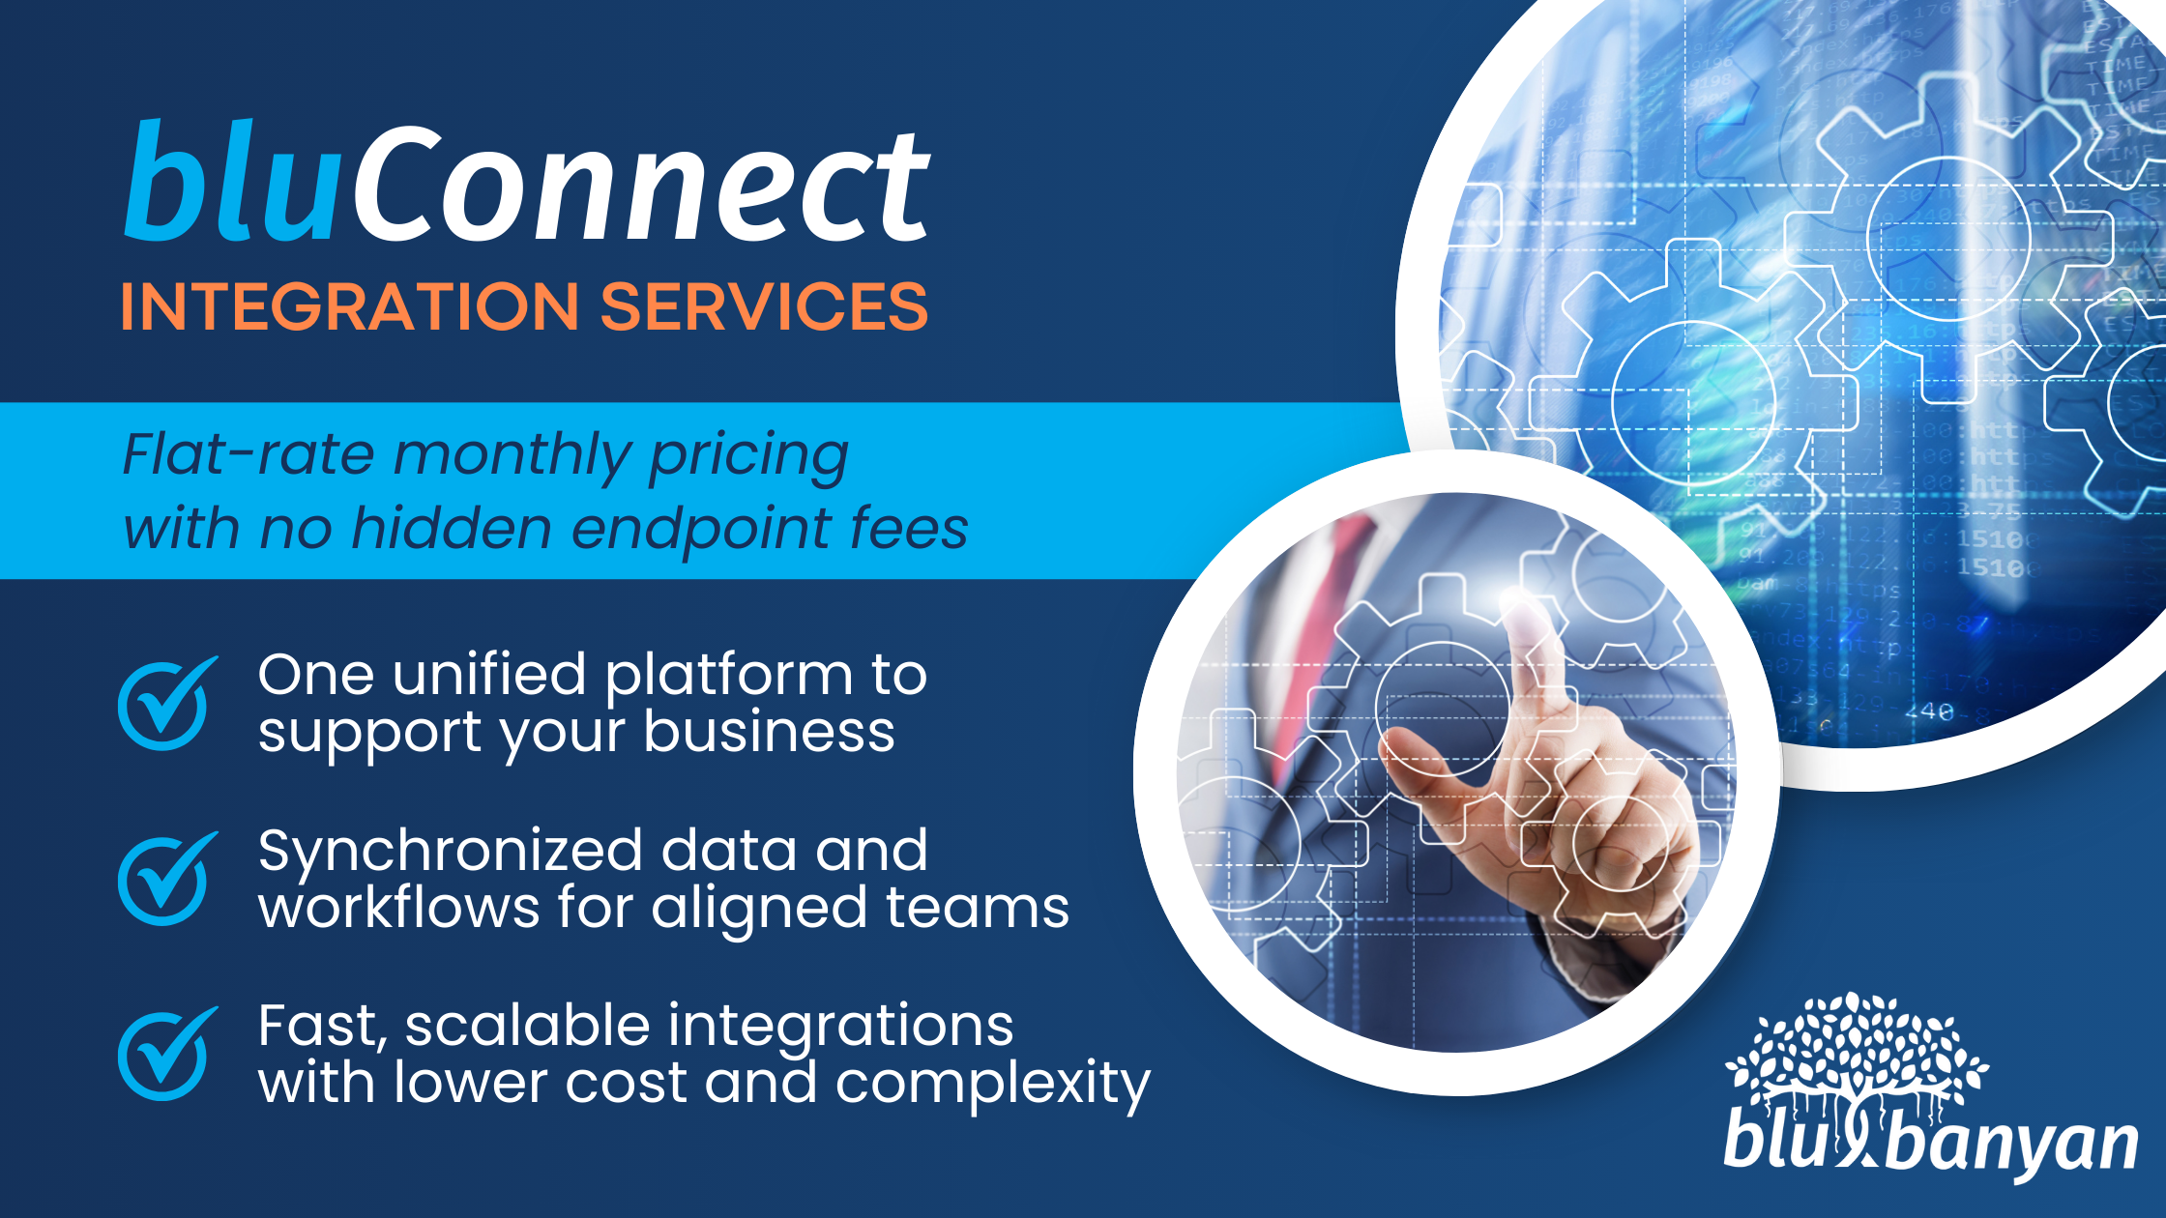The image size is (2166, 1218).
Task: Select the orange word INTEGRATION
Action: (349, 306)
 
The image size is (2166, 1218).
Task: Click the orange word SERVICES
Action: (764, 306)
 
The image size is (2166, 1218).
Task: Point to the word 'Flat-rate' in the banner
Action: (249, 454)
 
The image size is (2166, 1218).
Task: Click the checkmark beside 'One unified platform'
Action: (165, 705)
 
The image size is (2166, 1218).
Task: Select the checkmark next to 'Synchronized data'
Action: (165, 879)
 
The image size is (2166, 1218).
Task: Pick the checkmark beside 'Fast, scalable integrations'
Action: (165, 1054)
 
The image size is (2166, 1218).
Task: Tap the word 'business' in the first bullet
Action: (769, 731)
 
